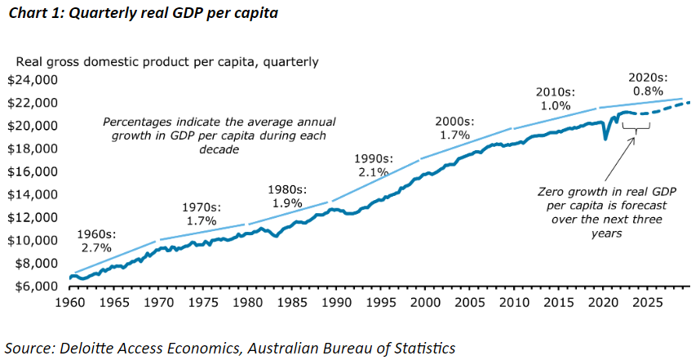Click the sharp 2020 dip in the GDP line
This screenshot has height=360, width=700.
pos(605,138)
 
